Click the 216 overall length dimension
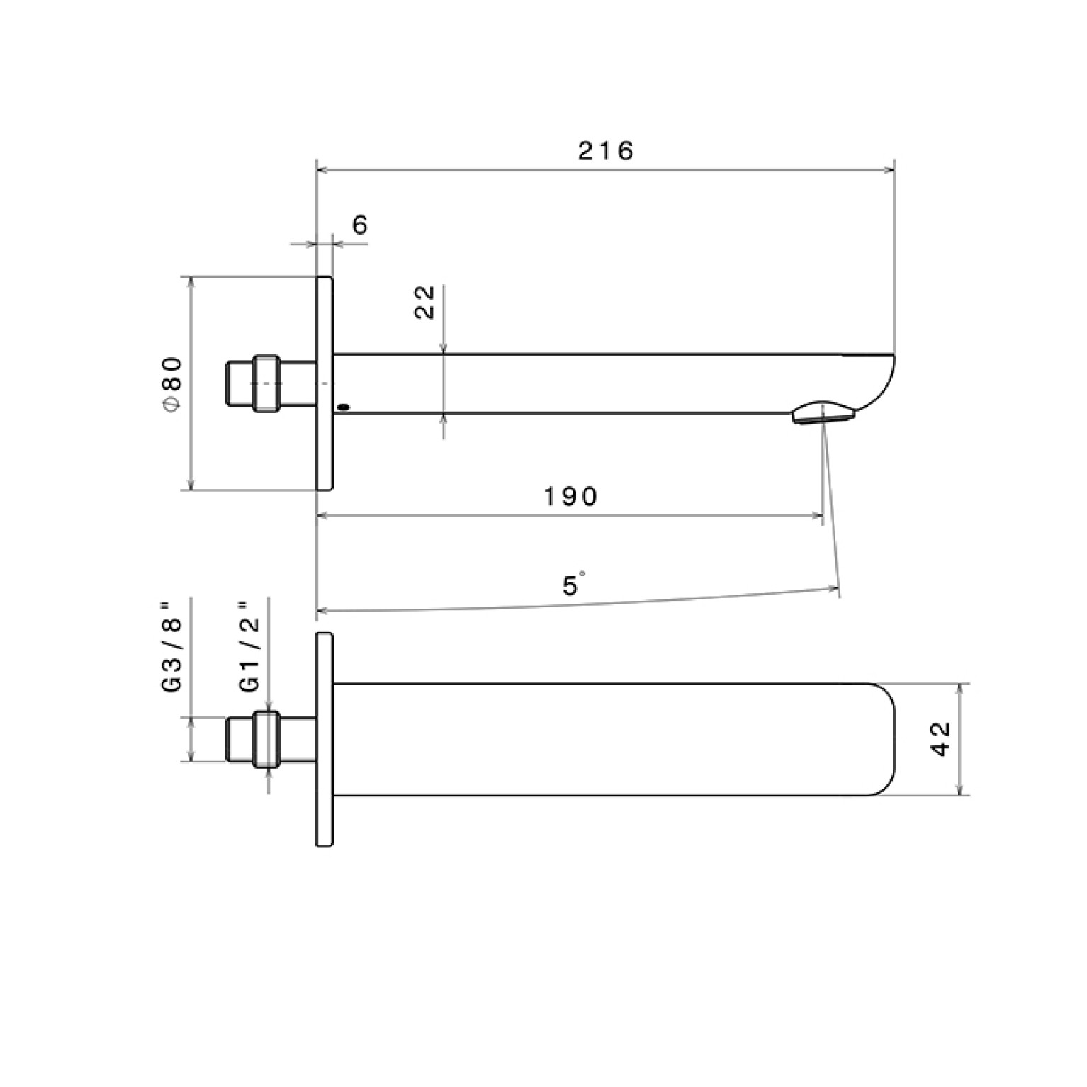[x=606, y=151]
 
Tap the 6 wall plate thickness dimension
[x=360, y=225]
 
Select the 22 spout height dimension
[x=424, y=303]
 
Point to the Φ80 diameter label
[x=172, y=383]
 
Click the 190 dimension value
[x=571, y=496]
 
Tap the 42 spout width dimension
[x=940, y=738]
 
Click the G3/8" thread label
[x=172, y=646]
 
